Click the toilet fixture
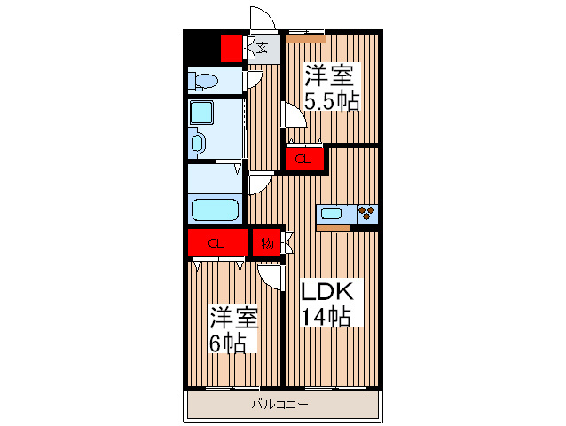[x=205, y=83]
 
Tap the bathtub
[x=216, y=211]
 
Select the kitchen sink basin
[x=336, y=213]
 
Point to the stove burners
[x=367, y=213]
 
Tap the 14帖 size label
[x=325, y=317]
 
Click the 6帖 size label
[x=228, y=343]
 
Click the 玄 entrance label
[x=263, y=47]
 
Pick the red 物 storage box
[x=265, y=242]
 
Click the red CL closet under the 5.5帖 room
[x=303, y=160]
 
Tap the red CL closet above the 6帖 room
[x=216, y=242]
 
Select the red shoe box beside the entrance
[x=232, y=47]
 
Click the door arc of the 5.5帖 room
[x=290, y=115]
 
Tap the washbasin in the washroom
[x=197, y=142]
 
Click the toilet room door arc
[x=254, y=78]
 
